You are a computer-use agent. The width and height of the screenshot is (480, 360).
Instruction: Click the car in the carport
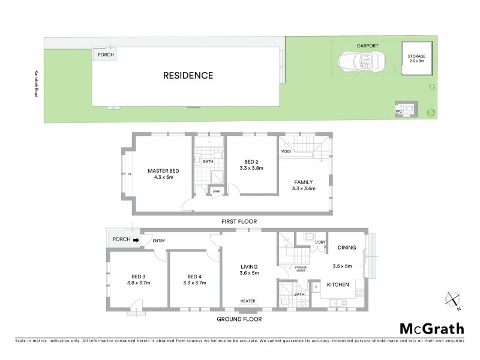coord(358,61)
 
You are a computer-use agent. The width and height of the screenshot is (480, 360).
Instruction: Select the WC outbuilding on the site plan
coord(398,111)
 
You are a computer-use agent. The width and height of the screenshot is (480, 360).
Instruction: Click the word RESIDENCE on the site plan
coord(188,76)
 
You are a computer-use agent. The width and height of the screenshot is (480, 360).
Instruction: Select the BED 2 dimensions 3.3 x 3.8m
coord(251,169)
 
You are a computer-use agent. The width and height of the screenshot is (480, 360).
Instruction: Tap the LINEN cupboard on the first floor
coord(216,191)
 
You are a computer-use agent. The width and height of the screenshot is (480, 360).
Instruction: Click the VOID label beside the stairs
coord(286,152)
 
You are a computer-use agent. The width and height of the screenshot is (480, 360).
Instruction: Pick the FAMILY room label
coord(303,182)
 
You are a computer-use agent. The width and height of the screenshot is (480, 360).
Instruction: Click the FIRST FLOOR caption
coord(239,221)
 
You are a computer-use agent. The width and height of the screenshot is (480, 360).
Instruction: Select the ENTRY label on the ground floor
coord(159,241)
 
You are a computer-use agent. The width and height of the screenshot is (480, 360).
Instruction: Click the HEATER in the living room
coord(248,302)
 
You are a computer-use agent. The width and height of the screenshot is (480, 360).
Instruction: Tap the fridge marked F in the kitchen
coord(316,287)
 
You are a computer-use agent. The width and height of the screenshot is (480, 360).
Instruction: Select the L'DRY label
coord(321,242)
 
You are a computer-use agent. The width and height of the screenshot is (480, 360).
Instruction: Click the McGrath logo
coord(431,328)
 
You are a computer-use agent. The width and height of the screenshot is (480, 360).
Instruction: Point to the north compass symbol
coord(454,301)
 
